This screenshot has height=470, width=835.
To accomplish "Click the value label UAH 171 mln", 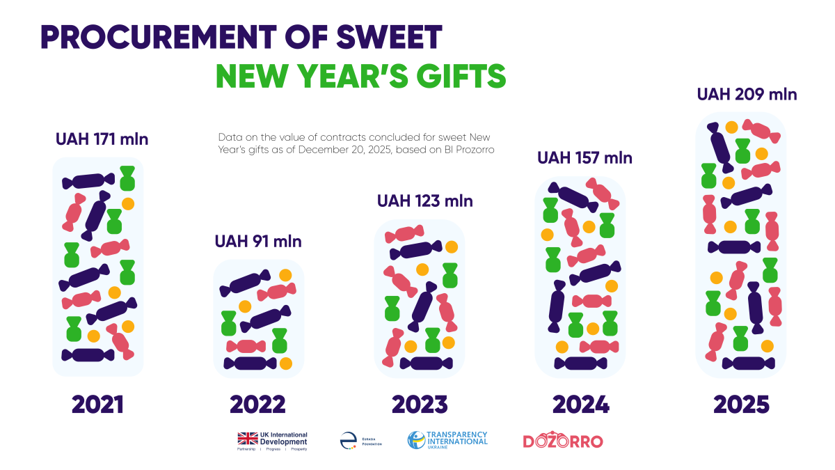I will (x=102, y=139).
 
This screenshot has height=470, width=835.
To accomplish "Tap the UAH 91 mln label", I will (x=258, y=242).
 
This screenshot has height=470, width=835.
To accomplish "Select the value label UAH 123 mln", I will (x=424, y=201).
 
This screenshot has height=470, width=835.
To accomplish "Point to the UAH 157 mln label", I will (x=584, y=158).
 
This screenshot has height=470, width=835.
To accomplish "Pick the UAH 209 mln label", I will (x=747, y=94).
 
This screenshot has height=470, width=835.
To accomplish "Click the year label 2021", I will (x=97, y=405).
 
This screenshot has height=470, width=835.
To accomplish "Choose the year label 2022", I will (x=257, y=405).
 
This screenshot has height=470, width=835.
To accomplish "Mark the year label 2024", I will (x=580, y=405).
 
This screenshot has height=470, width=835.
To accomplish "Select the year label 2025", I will (x=741, y=405).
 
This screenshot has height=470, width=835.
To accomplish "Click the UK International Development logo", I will (x=272, y=441).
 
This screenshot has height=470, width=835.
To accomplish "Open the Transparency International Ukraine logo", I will (x=447, y=440).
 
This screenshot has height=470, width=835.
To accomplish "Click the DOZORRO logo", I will (x=562, y=441).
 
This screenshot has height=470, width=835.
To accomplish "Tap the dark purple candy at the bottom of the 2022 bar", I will (x=250, y=363).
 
